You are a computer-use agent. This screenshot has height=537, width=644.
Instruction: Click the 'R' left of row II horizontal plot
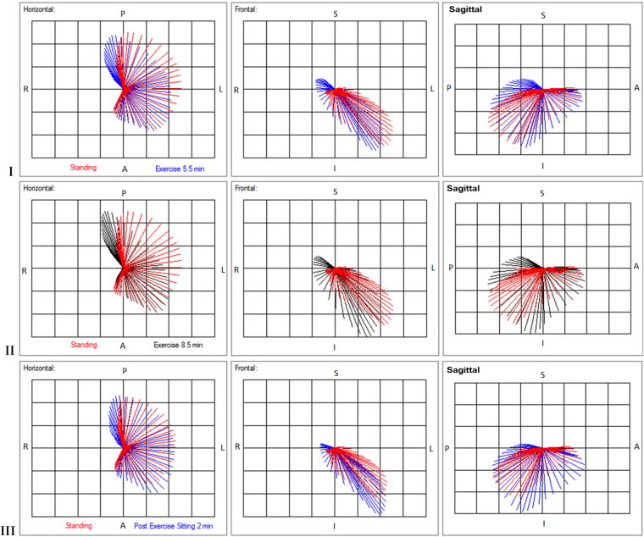coord(26,270)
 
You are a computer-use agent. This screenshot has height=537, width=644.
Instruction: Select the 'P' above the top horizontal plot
coord(123,14)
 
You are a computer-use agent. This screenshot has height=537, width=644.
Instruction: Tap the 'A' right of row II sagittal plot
coord(636,267)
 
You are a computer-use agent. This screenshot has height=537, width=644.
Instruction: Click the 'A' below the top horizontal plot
coord(124,168)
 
